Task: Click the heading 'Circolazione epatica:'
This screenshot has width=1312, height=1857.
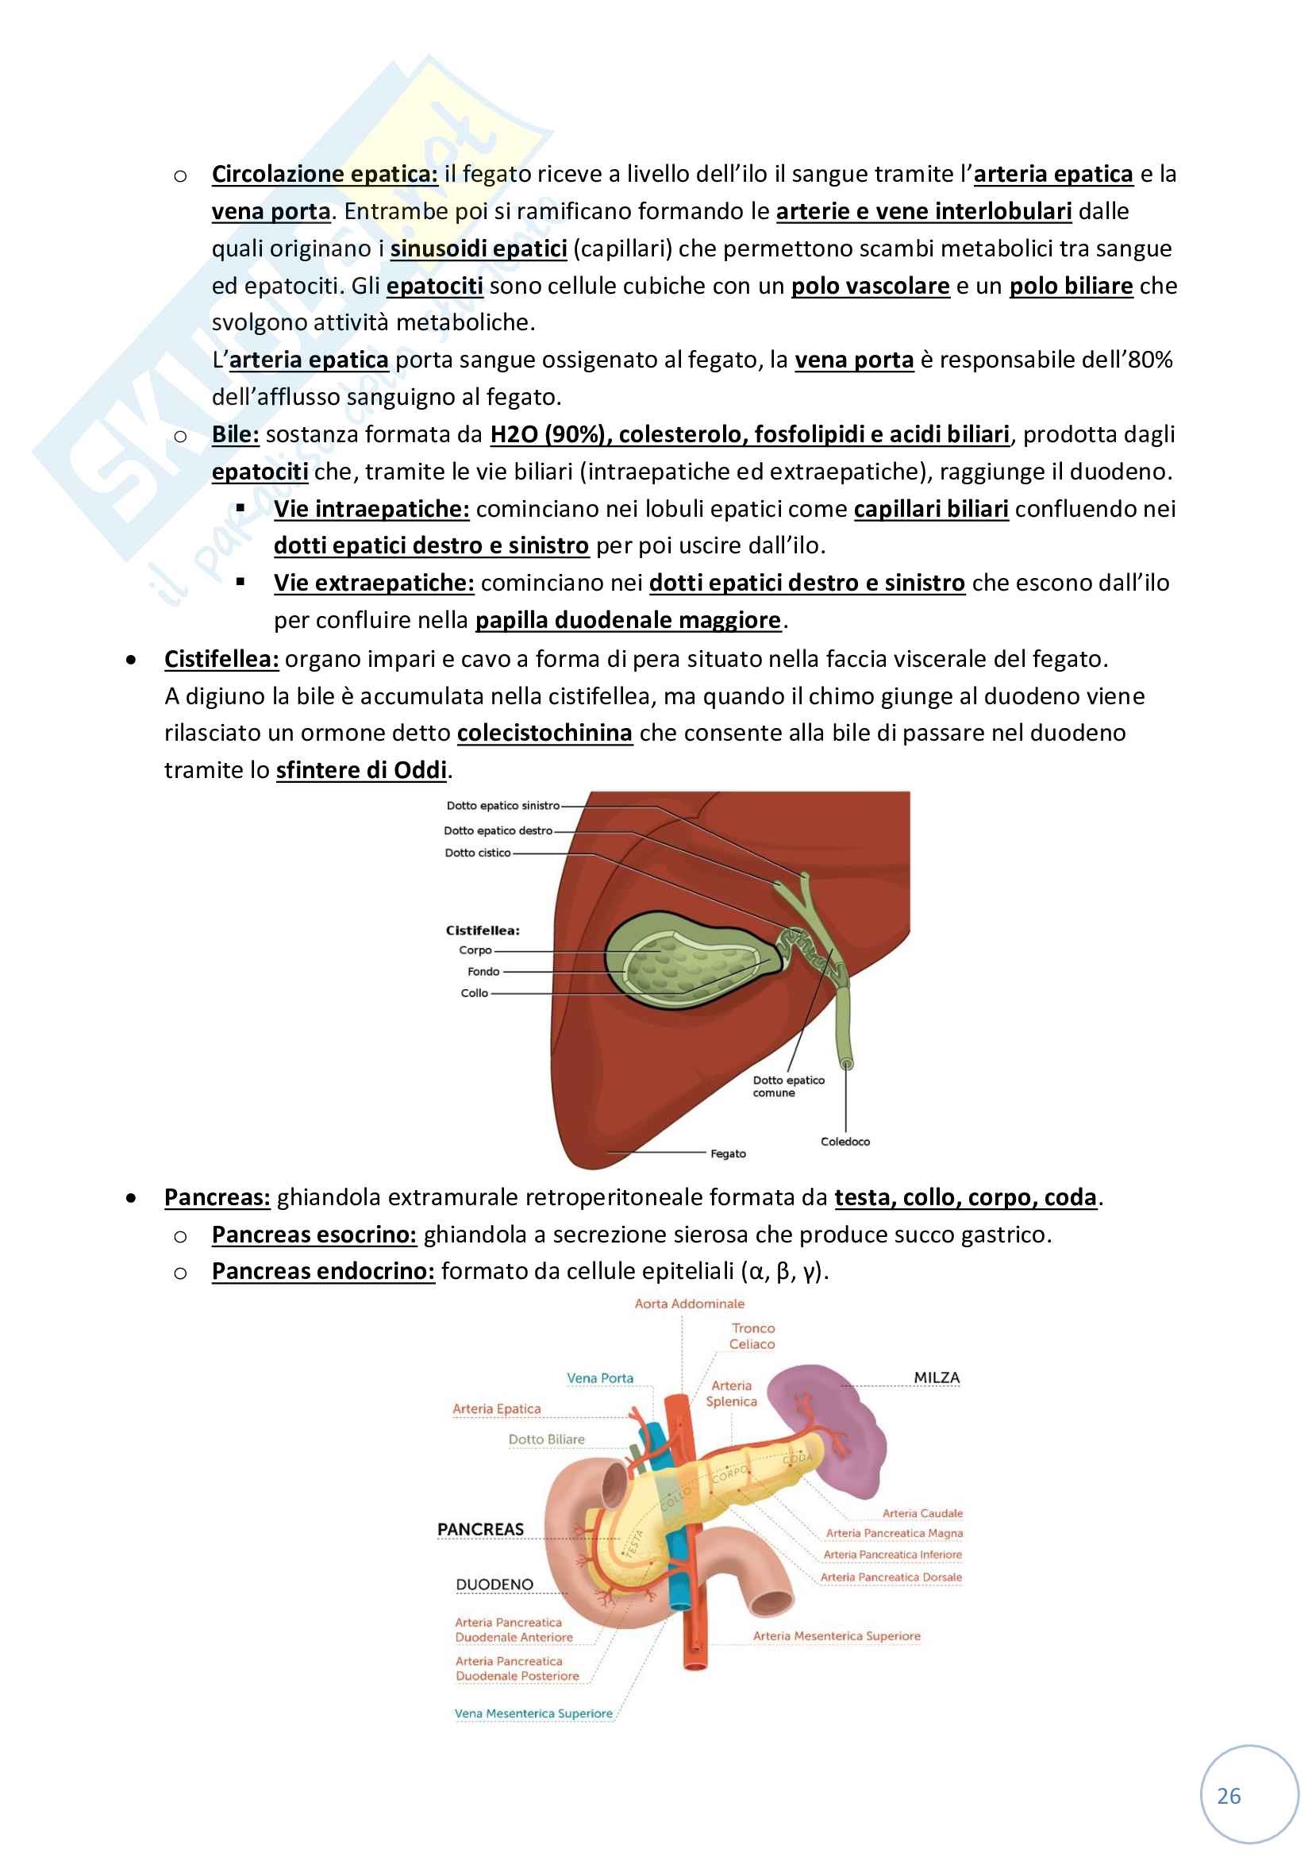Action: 324,174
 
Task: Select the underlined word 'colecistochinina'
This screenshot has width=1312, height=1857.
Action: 544,733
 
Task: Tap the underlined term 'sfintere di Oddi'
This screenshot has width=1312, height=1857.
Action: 361,770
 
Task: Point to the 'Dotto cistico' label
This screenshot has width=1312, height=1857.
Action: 478,853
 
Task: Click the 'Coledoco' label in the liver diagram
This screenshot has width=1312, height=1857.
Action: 845,1141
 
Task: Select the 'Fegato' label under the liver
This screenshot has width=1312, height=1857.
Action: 728,1154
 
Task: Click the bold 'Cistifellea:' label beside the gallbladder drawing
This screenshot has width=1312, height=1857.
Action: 483,930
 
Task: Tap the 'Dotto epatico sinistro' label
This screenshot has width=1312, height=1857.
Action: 502,806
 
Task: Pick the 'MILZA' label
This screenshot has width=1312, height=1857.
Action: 936,1377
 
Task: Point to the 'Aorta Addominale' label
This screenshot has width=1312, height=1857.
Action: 689,1304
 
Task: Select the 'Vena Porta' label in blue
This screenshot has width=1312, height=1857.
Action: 600,1378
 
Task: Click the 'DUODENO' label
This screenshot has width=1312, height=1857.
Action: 494,1585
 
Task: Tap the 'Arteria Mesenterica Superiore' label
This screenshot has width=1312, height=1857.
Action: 836,1635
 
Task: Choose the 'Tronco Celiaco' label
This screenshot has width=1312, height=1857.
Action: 752,1336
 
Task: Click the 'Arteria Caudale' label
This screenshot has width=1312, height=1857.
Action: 922,1513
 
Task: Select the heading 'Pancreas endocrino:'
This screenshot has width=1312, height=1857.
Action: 322,1271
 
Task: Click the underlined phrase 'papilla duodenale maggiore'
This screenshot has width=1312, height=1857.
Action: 628,620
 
